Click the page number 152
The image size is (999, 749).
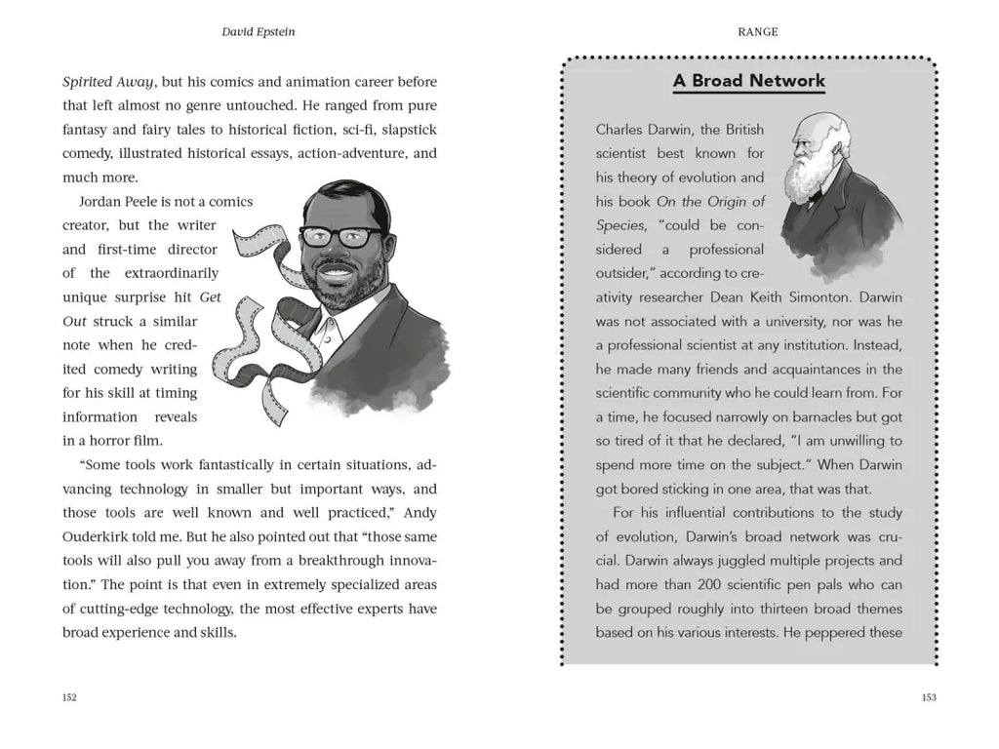point(69,697)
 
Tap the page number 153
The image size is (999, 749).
point(929,697)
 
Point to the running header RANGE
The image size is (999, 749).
point(758,31)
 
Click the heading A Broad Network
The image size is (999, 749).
point(749,81)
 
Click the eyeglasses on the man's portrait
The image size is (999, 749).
point(341,236)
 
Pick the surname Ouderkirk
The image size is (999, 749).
point(100,537)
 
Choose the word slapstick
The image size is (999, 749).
point(406,130)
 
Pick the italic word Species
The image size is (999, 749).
point(620,225)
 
